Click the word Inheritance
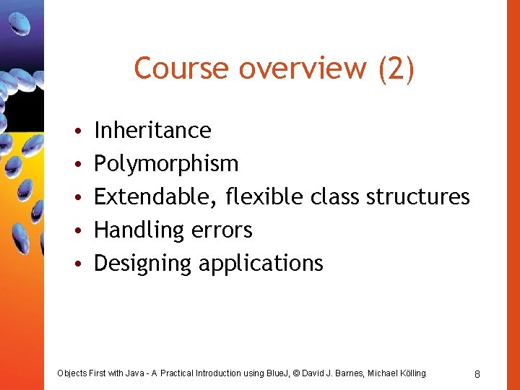152,130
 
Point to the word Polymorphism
166,164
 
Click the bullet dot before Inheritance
76,131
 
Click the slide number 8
477,373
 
